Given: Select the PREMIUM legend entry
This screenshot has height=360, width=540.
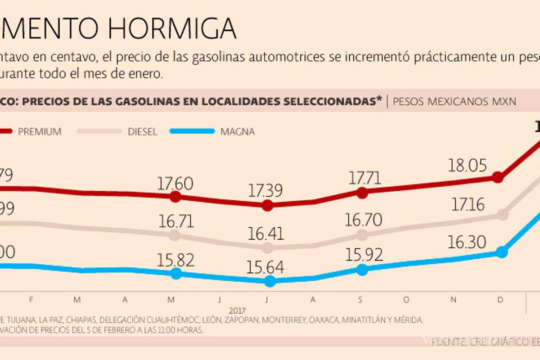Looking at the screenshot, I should click(x=40, y=132).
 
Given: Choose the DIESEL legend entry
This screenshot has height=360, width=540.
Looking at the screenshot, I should click(x=142, y=132).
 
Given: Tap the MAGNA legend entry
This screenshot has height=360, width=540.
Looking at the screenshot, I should click(x=237, y=132).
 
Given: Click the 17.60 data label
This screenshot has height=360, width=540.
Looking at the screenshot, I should click(x=175, y=184).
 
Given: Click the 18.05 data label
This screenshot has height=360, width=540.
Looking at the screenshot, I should click(x=468, y=166).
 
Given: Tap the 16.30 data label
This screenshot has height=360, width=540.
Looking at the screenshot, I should click(x=467, y=243).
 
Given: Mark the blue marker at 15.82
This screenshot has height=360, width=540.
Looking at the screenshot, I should click(x=176, y=274).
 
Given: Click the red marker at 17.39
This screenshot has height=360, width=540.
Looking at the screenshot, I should click(x=268, y=206).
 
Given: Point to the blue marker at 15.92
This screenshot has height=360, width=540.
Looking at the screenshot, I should click(x=362, y=270).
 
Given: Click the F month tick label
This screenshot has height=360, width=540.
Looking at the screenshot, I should click(x=30, y=300).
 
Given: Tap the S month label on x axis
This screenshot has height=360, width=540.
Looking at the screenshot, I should click(x=360, y=300).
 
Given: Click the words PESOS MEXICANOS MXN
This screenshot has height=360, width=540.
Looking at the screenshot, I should click(x=454, y=102).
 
